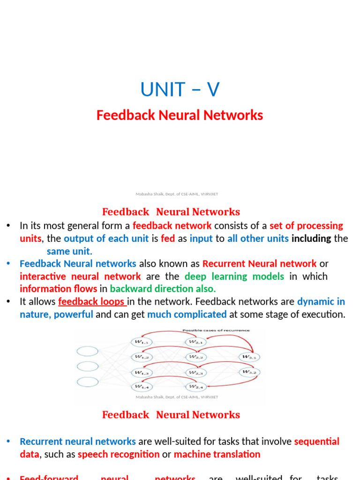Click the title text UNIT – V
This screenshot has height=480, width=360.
click(180, 90)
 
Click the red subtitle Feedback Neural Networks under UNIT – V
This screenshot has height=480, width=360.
click(180, 115)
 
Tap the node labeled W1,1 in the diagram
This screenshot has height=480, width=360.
click(142, 342)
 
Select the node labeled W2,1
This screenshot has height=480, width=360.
click(196, 342)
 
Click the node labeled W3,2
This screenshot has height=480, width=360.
click(249, 372)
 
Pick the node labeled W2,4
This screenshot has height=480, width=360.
click(196, 387)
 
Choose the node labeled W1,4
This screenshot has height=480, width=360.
click(142, 387)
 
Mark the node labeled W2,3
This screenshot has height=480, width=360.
click(196, 372)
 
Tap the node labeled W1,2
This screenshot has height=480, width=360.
click(142, 357)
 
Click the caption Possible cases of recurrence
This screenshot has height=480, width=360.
click(216, 330)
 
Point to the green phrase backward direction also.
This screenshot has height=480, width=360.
click(163, 289)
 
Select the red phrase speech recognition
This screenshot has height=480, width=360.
click(119, 454)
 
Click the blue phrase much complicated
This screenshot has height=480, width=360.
click(187, 314)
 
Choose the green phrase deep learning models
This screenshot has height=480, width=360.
click(234, 276)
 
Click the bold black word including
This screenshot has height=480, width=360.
click(311, 239)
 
